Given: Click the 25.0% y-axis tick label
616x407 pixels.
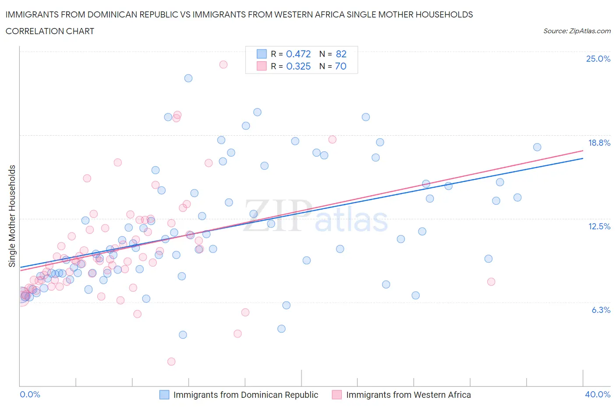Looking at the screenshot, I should point(598,59).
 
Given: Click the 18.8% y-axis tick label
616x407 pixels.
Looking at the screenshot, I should point(598,143).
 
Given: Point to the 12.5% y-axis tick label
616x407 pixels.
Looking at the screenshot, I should point(598,226).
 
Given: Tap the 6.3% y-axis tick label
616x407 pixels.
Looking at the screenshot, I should point(601,310).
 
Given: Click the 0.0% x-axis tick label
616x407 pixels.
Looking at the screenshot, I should point(30,394).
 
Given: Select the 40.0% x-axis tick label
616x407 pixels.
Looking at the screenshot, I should point(598,394).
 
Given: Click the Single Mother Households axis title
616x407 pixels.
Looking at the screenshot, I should point(12,216).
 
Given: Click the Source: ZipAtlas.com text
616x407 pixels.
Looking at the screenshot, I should point(577,31).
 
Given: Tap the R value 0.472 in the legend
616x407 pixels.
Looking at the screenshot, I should point(298,54).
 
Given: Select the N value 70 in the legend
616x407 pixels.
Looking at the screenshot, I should point(340,66).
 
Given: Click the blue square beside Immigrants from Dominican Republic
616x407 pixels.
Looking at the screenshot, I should point(164,395).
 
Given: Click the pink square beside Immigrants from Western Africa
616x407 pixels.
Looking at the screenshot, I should point(336,395).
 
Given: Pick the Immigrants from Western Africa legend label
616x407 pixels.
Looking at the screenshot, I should point(408,395).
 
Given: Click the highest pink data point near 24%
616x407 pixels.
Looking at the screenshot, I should point(223,64).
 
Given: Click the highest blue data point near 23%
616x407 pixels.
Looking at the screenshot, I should point(188,78).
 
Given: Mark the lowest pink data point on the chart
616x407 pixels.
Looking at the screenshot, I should point(171,361).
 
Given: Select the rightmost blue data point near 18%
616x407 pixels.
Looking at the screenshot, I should point(537,147).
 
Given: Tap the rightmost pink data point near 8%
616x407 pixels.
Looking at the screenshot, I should point(491,281).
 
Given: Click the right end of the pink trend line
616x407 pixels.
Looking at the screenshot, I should point(583,151).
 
